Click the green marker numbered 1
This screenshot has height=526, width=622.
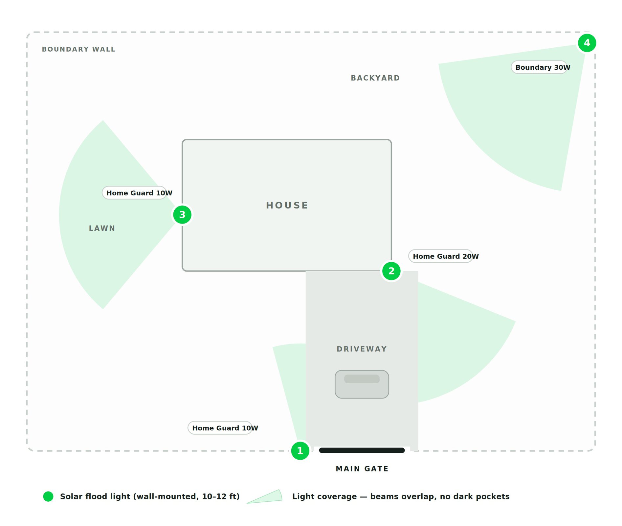pyautogui.click(x=300, y=451)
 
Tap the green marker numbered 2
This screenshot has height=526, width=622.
pyautogui.click(x=391, y=271)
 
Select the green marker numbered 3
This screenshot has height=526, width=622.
pyautogui.click(x=182, y=215)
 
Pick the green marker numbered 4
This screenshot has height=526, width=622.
pyautogui.click(x=587, y=43)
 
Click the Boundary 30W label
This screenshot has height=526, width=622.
pyautogui.click(x=543, y=67)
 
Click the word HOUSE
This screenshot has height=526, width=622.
pyautogui.click(x=287, y=205)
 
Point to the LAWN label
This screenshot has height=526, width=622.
pyautogui.click(x=102, y=228)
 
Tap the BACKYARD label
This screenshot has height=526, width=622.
pyautogui.click(x=375, y=78)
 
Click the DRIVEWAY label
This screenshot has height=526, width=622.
pyautogui.click(x=362, y=349)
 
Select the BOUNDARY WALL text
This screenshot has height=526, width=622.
pyautogui.click(x=78, y=49)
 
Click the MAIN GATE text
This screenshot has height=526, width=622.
pyautogui.click(x=362, y=469)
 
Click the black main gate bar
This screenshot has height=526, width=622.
pyautogui.click(x=362, y=450)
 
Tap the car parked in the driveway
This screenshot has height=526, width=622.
pyautogui.click(x=362, y=384)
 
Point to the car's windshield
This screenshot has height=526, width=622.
pyautogui.click(x=362, y=379)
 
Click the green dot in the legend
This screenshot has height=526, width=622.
pyautogui.click(x=48, y=496)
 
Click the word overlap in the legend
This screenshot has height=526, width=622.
pyautogui.click(x=422, y=496)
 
